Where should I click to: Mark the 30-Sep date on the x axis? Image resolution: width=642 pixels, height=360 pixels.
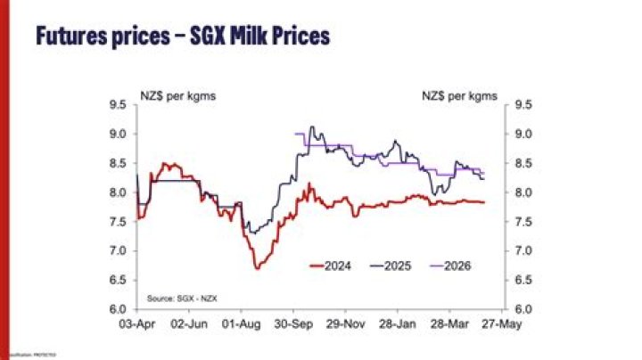pos(292,324)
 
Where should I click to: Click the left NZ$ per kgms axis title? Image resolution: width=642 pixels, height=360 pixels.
pos(177,91)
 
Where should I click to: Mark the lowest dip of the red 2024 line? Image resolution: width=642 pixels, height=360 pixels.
pos(257,267)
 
